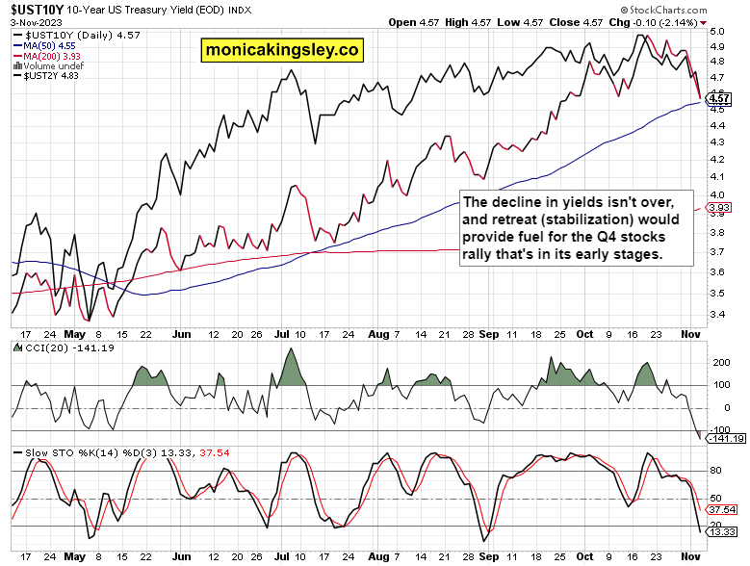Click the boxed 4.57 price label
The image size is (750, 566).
[x=718, y=98]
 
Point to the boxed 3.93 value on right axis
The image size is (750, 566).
[x=717, y=207]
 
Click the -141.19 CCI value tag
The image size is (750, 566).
[x=725, y=439]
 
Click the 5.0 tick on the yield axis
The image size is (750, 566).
[x=716, y=31]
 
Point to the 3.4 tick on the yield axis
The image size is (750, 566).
[x=716, y=314]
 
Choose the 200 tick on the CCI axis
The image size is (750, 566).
[x=716, y=363]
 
